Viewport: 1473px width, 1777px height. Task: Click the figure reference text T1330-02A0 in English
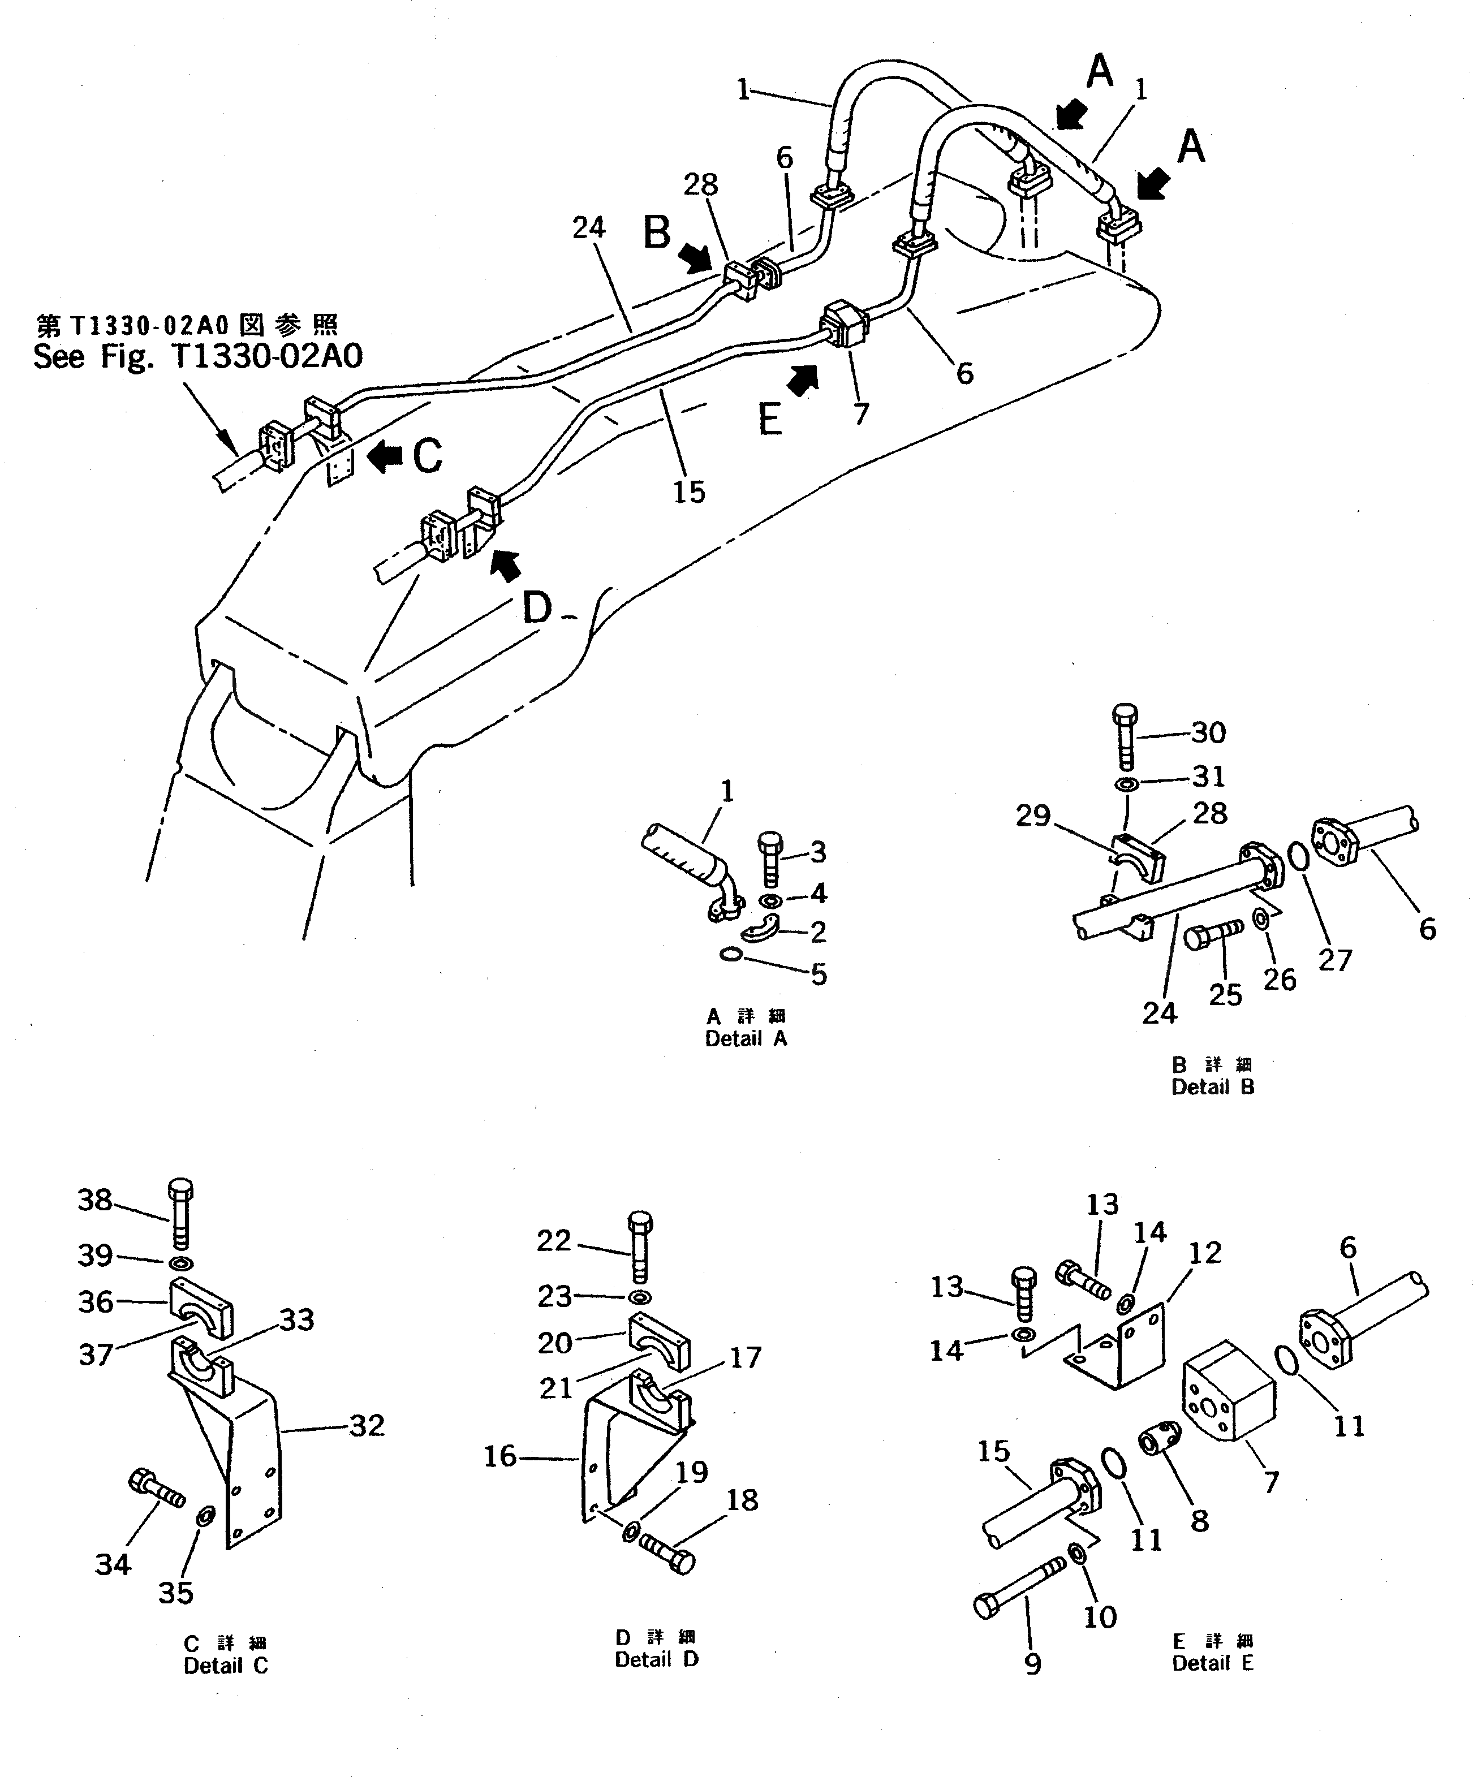(x=197, y=357)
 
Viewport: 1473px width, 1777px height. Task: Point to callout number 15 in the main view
(x=689, y=491)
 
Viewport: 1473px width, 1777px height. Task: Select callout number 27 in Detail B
(x=1335, y=960)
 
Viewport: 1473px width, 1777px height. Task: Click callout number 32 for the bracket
(x=367, y=1426)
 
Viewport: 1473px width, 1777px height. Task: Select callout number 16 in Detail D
(x=499, y=1456)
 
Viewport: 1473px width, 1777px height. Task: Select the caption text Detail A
(x=746, y=1038)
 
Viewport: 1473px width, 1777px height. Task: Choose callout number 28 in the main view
(x=701, y=184)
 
